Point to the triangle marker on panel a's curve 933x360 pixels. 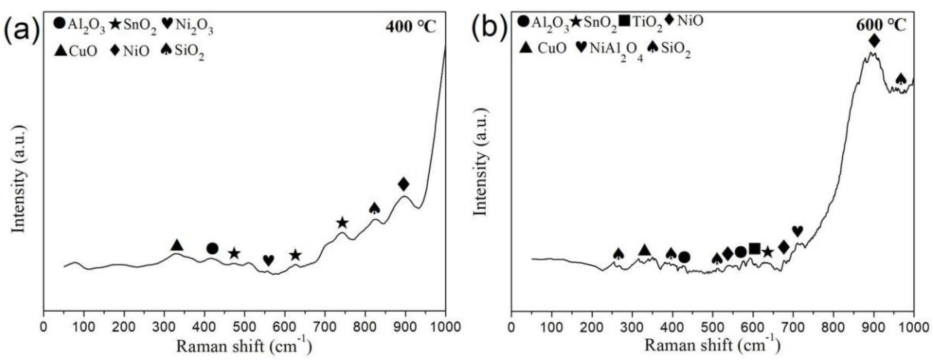point(177,245)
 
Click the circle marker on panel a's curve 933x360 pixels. point(212,248)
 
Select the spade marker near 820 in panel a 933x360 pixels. point(374,208)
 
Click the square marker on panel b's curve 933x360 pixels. point(755,248)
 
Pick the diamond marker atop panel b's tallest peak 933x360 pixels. point(874,41)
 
